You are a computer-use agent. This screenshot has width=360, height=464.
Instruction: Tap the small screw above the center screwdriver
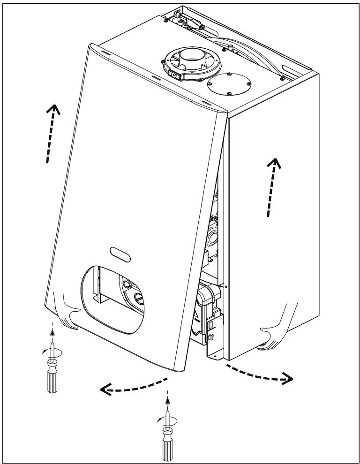(x=167, y=402)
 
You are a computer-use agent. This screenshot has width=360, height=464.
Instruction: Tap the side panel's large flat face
(x=272, y=211)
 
